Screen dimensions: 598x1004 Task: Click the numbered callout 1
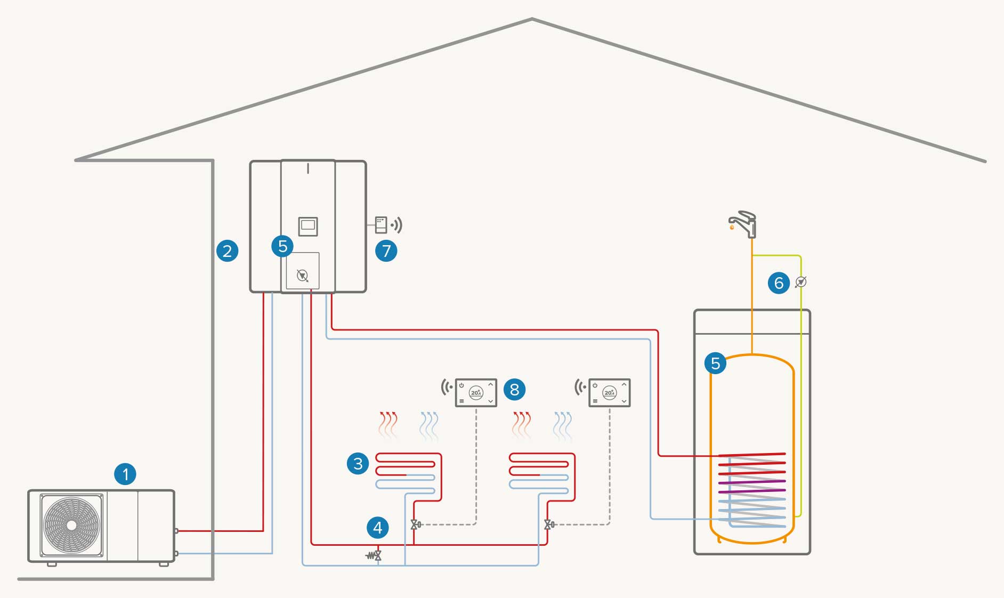coord(125,474)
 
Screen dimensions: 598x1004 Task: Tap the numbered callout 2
coord(227,250)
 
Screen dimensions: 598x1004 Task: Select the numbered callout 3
coord(358,463)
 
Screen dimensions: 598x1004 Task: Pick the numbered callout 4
coord(378,528)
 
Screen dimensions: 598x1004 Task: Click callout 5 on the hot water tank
coord(715,363)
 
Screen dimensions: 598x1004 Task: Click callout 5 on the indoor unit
coord(282,246)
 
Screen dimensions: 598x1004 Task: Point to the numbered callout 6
coord(779,282)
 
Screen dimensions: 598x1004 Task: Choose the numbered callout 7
coord(386,250)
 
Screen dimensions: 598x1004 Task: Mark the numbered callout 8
coord(514,389)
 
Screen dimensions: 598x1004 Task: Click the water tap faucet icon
coord(743,224)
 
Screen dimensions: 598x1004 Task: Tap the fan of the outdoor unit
coord(71,525)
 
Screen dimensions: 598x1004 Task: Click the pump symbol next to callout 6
coord(800,282)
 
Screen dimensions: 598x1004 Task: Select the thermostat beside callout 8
coord(475,393)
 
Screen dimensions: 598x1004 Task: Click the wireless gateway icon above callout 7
coord(381,225)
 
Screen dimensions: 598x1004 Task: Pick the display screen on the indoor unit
coord(307,226)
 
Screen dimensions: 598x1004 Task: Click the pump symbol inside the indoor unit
coord(302,276)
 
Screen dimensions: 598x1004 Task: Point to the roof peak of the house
coord(532,20)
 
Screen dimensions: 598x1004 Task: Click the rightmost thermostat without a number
coord(609,393)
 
